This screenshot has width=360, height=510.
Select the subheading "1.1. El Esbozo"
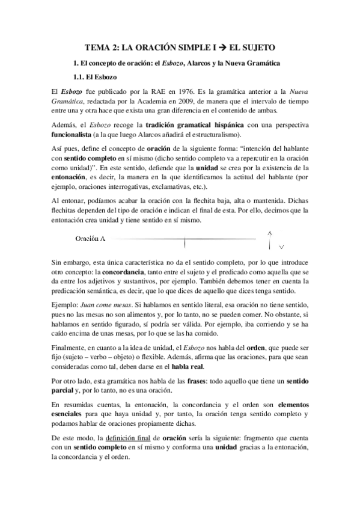tap(94, 78)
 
